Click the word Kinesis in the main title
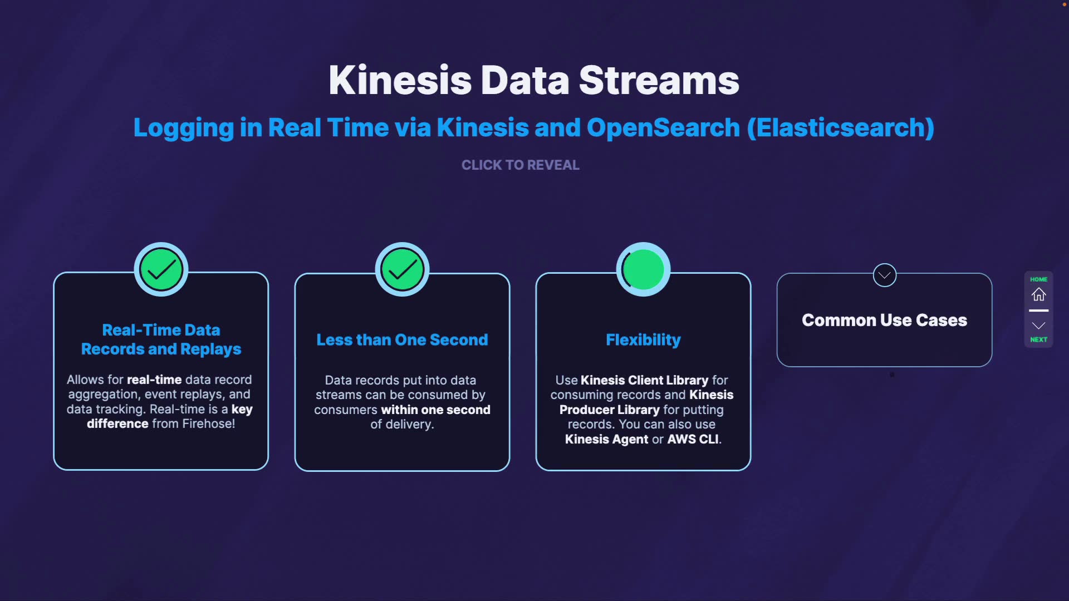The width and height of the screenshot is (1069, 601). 400,80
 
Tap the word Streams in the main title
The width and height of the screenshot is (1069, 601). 659,80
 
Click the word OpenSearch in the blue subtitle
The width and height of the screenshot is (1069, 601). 663,128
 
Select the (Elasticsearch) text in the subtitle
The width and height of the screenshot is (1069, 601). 840,127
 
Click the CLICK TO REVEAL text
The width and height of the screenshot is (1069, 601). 521,165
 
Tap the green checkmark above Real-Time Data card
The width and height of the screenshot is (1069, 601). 161,270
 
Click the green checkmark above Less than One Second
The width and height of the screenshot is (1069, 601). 403,270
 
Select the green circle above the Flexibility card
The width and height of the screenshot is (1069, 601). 644,270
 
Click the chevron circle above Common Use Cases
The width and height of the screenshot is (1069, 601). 885,275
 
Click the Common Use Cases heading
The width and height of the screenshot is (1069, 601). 885,320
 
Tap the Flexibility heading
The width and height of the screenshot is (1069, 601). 644,339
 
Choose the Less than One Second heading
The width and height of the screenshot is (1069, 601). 403,339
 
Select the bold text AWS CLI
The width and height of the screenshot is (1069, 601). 693,439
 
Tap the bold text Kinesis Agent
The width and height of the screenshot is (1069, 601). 607,439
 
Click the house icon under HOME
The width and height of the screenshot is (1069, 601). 1039,294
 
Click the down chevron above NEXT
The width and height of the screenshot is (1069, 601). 1039,326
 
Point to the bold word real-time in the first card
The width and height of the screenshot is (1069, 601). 154,380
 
